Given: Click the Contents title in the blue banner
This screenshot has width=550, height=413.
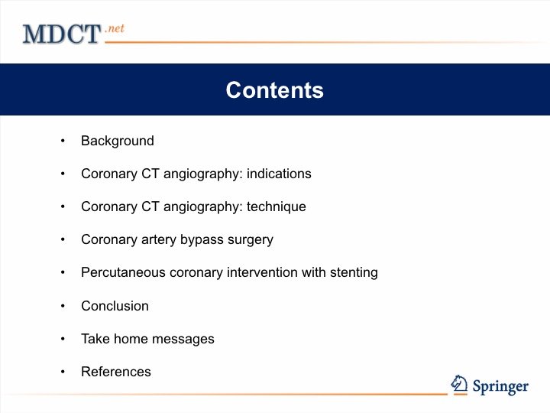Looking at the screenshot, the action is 275,90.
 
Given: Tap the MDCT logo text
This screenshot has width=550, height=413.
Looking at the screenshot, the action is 62,34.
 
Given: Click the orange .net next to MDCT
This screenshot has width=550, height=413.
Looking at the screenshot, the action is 115,28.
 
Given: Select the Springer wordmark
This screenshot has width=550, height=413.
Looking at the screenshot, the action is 500,387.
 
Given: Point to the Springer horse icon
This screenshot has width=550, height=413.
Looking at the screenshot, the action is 459,383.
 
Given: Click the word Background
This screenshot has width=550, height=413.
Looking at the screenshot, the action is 118,141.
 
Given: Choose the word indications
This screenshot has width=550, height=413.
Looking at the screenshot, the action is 279,174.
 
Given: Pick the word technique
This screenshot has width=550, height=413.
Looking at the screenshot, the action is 277,206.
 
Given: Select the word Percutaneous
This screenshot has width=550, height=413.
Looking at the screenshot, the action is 123,272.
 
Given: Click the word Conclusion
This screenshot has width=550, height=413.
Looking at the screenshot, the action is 115,306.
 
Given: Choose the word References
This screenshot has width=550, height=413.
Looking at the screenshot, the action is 116,372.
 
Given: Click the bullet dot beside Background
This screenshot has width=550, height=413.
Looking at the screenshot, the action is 63,141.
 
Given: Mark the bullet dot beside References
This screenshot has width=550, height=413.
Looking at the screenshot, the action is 63,372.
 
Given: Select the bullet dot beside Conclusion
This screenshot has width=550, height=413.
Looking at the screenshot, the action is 63,306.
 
